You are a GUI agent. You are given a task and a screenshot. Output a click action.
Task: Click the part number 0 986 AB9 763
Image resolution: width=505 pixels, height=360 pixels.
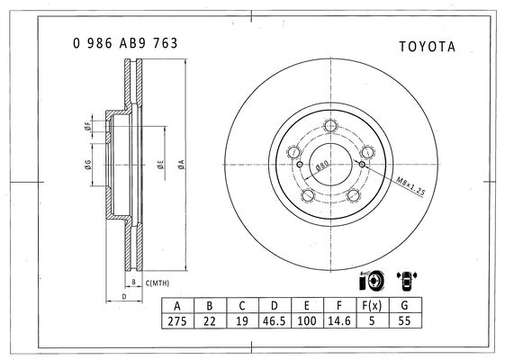click(125, 43)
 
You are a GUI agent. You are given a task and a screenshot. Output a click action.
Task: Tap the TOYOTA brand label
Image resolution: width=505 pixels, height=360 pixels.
click(428, 47)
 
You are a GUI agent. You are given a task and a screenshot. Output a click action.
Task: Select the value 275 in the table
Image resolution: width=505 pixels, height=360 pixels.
click(177, 321)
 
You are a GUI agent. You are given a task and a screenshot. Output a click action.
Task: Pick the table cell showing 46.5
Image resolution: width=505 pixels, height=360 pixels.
click(274, 321)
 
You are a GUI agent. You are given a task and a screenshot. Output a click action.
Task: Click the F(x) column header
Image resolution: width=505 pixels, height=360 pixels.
click(372, 305)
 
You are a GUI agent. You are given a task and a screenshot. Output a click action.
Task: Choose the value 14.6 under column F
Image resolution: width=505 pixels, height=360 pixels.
click(339, 321)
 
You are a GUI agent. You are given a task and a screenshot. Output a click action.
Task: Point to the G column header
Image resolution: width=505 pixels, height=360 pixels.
click(404, 305)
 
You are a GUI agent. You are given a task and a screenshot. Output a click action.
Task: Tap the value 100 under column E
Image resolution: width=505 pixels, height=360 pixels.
click(307, 321)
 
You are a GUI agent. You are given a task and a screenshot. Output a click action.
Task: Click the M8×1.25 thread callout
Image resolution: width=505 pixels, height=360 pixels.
click(410, 186)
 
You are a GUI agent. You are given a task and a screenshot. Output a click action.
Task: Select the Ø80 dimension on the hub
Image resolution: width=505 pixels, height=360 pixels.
click(322, 166)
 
